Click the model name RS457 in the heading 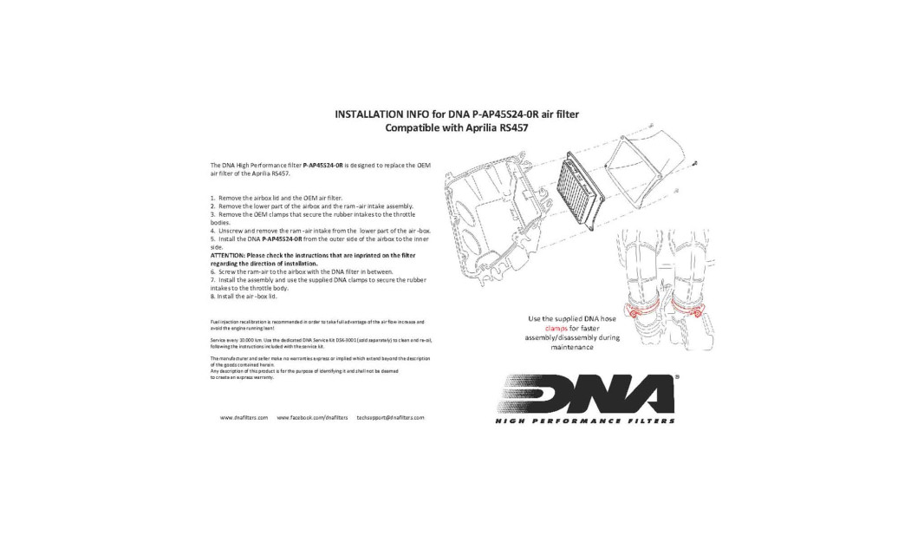pos(509,127)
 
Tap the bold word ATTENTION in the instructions pos(228,256)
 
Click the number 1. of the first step pos(212,199)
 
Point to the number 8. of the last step pos(212,297)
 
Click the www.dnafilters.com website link pos(244,418)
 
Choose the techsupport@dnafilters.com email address pos(390,418)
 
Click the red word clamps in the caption pos(556,329)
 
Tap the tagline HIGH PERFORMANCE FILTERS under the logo pos(585,421)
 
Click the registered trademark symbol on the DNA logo pos(675,378)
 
